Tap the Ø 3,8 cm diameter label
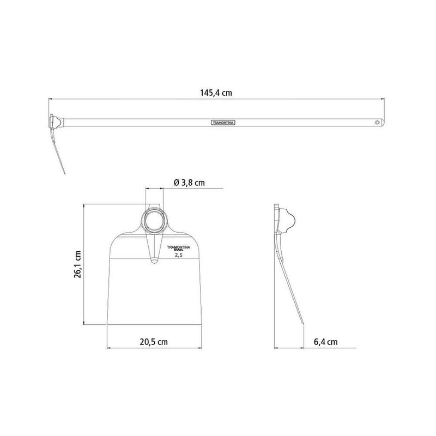tap(189, 183)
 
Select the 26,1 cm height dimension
tap(78, 264)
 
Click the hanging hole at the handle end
tap(376, 123)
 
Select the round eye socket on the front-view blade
tap(154, 221)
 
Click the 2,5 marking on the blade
tap(178, 255)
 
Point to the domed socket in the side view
tap(289, 220)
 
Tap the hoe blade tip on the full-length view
tap(64, 174)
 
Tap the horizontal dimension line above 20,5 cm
tap(153, 348)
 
